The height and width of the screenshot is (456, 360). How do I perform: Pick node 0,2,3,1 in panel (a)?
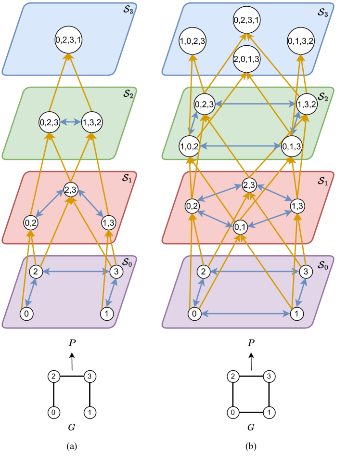[69, 41]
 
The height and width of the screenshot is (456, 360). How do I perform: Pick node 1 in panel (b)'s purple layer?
[297, 314]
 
